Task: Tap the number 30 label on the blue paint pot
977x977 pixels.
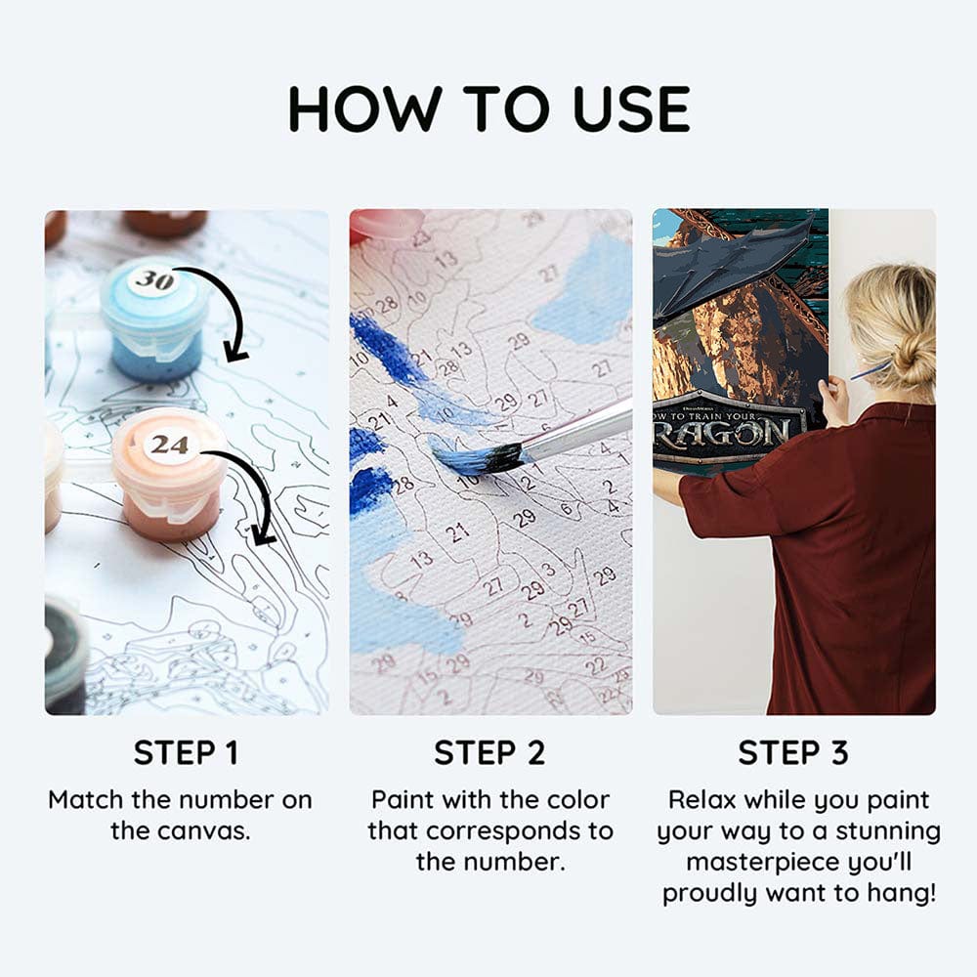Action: click(x=153, y=280)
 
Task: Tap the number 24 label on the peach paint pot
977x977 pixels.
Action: click(x=169, y=445)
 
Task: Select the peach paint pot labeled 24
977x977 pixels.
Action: click(x=169, y=484)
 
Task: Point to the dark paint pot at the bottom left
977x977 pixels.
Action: click(x=64, y=655)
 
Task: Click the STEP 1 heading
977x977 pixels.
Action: click(x=186, y=753)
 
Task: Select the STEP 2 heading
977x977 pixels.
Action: click(x=490, y=753)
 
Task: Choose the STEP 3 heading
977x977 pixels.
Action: click(x=793, y=753)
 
